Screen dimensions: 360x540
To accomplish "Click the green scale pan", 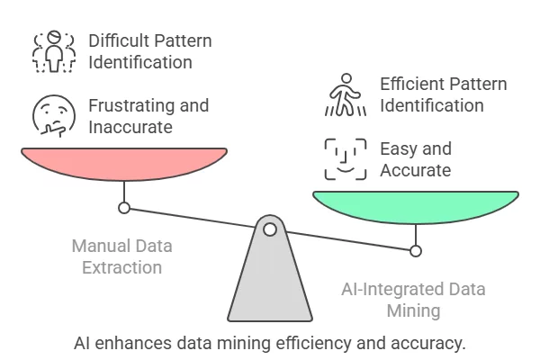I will tap(415, 206).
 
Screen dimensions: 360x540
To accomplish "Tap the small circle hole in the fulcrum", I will tap(269, 229).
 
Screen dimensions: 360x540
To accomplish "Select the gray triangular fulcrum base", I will tap(269, 279).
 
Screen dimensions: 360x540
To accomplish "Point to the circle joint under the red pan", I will tap(124, 208).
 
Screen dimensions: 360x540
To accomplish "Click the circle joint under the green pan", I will tap(415, 250).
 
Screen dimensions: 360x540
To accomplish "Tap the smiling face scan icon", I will tap(346, 159).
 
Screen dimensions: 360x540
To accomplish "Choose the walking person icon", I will tap(346, 96).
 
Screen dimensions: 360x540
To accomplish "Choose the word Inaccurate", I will tap(130, 127).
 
